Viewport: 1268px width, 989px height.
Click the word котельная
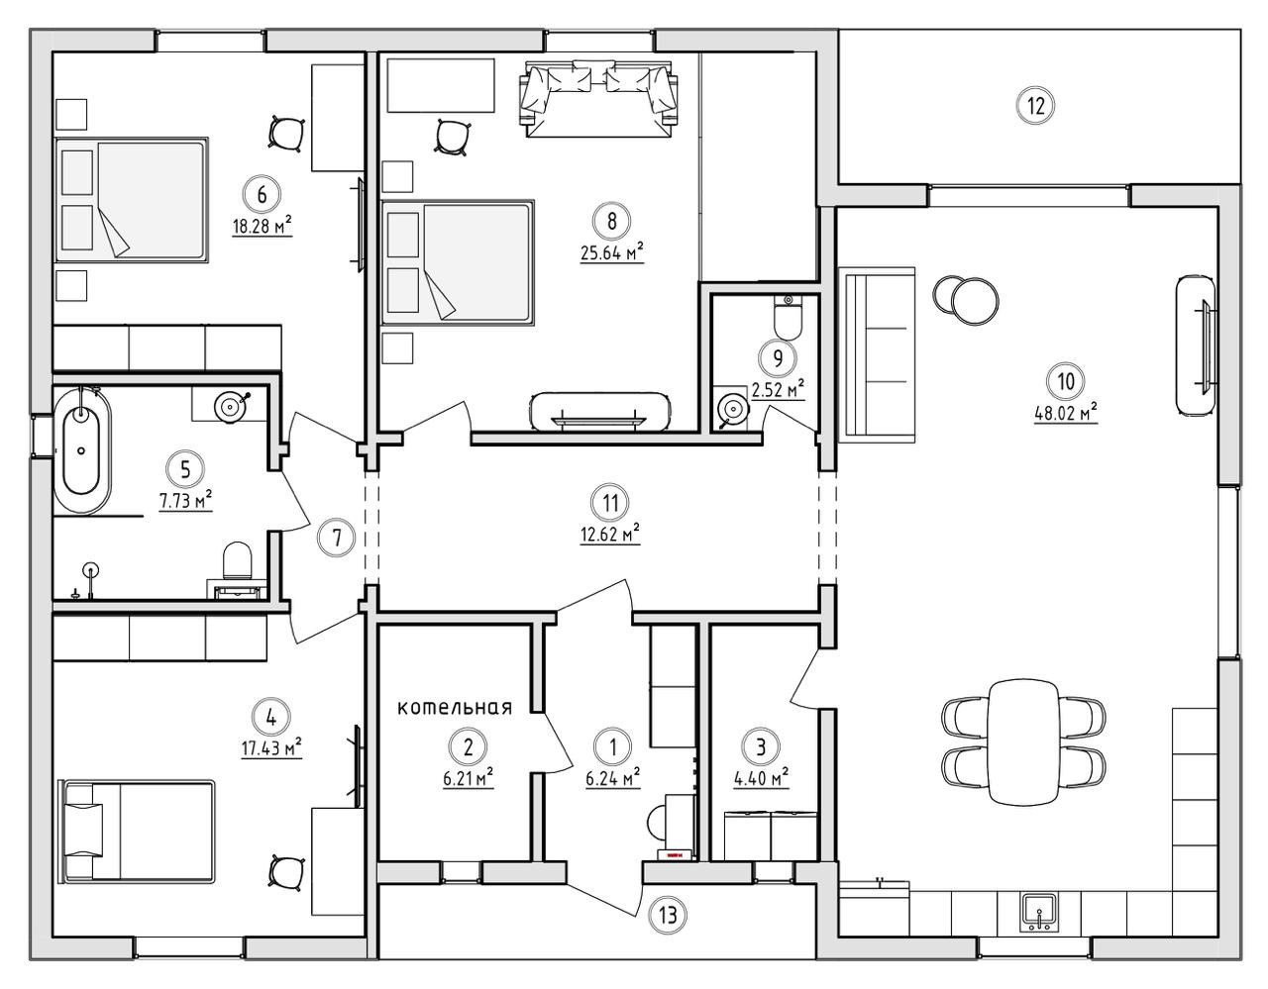point(455,708)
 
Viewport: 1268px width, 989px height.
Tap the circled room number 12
point(1036,105)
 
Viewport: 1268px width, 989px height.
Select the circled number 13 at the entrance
point(669,915)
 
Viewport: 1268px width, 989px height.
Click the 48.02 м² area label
point(1066,414)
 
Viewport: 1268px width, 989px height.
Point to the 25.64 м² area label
point(612,252)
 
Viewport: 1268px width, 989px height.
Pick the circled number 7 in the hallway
point(337,539)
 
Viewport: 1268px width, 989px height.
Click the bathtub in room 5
point(83,450)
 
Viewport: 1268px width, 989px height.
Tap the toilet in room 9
point(789,320)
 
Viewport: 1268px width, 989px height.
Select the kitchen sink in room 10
point(1039,910)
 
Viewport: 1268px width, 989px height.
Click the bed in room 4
point(139,830)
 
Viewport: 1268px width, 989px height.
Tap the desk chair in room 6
point(285,132)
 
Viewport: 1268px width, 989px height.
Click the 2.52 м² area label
point(778,389)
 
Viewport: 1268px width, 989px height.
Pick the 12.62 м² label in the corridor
point(610,536)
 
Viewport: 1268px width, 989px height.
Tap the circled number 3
point(761,745)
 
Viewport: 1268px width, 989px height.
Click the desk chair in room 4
point(285,871)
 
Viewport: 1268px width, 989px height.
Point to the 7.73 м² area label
point(185,501)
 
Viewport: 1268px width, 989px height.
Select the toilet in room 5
point(238,561)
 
